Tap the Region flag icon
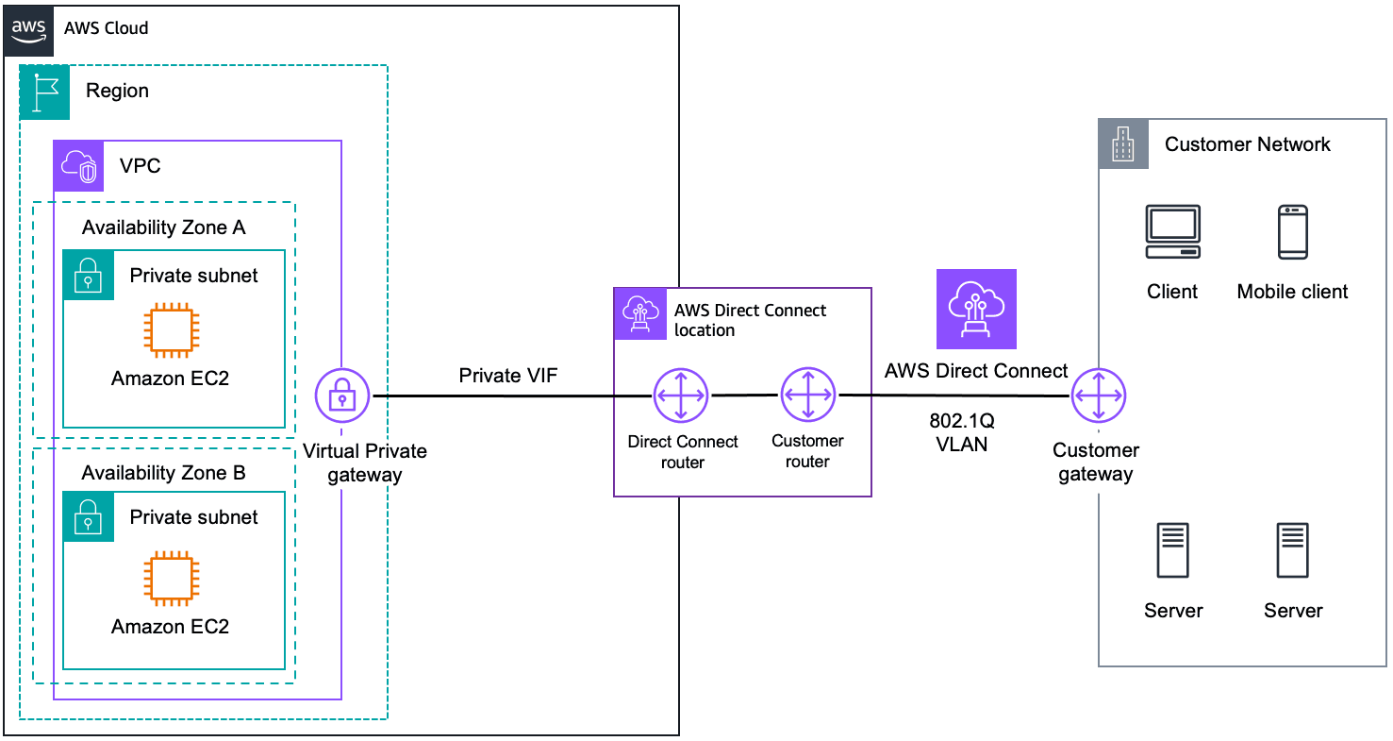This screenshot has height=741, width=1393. pyautogui.click(x=44, y=91)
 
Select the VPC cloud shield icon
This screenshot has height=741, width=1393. pyautogui.click(x=78, y=166)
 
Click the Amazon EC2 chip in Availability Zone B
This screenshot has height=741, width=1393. pyautogui.click(x=170, y=579)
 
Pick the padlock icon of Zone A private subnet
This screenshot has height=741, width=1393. pyautogui.click(x=88, y=275)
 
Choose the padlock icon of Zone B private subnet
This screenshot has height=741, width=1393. pyautogui.click(x=88, y=516)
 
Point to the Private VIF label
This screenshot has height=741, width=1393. pyautogui.click(x=508, y=376)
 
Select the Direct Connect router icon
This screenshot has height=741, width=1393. pyautogui.click(x=680, y=396)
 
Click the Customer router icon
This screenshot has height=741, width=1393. pyautogui.click(x=808, y=395)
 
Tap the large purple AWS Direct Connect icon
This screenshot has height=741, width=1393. pyautogui.click(x=976, y=310)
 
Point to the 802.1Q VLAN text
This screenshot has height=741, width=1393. pyautogui.click(x=962, y=431)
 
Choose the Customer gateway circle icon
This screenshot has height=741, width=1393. pyautogui.click(x=1099, y=397)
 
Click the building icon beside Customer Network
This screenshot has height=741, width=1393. pyautogui.click(x=1123, y=144)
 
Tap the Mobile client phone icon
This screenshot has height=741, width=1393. pyautogui.click(x=1292, y=231)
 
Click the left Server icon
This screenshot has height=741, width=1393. pyautogui.click(x=1172, y=550)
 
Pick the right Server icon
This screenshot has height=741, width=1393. pyautogui.click(x=1292, y=550)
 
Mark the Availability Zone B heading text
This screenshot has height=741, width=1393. pyautogui.click(x=163, y=473)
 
